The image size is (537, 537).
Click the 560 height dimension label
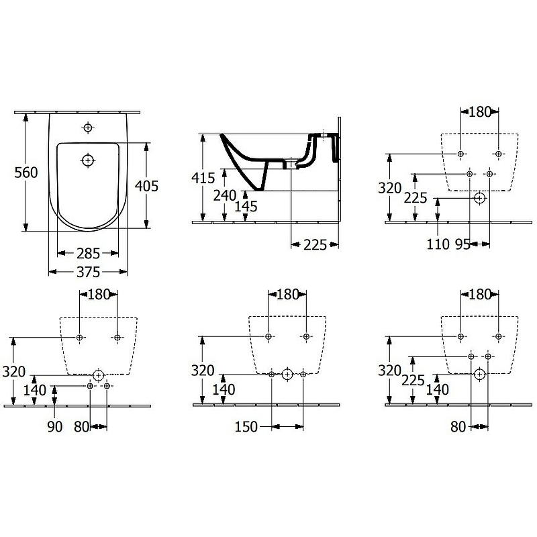[26, 172]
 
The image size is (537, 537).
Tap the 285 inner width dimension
[87, 253]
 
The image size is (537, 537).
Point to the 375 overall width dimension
[87, 272]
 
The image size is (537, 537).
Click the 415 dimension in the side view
[203, 178]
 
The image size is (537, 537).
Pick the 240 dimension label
[225, 195]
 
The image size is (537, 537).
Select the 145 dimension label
[246, 207]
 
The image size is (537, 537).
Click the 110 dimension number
[438, 245]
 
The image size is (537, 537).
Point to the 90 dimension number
[55, 426]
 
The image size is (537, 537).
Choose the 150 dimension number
[246, 426]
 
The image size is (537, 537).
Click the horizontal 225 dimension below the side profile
[314, 245]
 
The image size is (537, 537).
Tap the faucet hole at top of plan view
[87, 128]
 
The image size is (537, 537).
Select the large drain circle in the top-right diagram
[479, 198]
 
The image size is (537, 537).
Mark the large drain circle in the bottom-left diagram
[99, 375]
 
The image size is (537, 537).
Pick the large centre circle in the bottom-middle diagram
[287, 374]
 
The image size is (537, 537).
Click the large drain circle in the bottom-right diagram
[479, 375]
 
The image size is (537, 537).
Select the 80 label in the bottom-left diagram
[81, 426]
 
